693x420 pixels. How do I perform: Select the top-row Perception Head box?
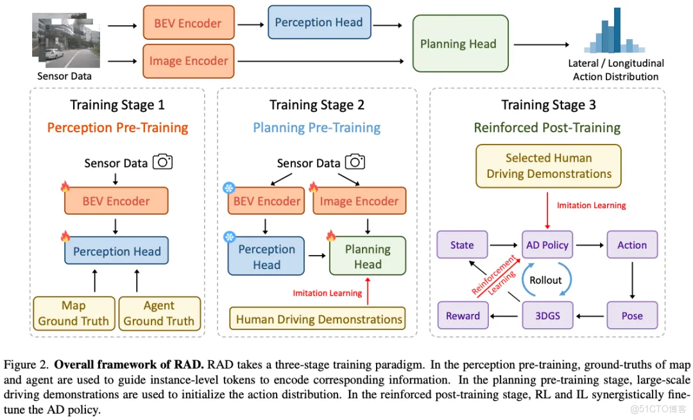pos(318,22)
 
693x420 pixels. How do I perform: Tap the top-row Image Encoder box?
pos(188,61)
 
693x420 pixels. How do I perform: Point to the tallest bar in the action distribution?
pos(617,30)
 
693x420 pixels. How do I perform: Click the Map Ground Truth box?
pos(74,313)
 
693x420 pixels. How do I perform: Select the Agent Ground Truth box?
pos(158,313)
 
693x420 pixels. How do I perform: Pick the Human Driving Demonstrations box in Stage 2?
pos(318,319)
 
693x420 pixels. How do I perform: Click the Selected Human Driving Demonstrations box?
pos(549,166)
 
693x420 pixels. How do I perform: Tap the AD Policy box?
pos(547,245)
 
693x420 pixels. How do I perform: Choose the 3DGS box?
pos(547,315)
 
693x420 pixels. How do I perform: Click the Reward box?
pos(463,315)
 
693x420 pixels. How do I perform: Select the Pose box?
pos(632,315)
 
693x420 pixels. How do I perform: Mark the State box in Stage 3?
pos(462,245)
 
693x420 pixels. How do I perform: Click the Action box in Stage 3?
pos(632,245)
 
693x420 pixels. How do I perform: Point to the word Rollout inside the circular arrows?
pos(545,280)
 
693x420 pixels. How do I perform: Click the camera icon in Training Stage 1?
pos(164,162)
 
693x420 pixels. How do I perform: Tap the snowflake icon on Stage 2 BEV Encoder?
pos(229,188)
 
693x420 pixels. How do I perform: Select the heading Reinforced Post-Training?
pos(547,127)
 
